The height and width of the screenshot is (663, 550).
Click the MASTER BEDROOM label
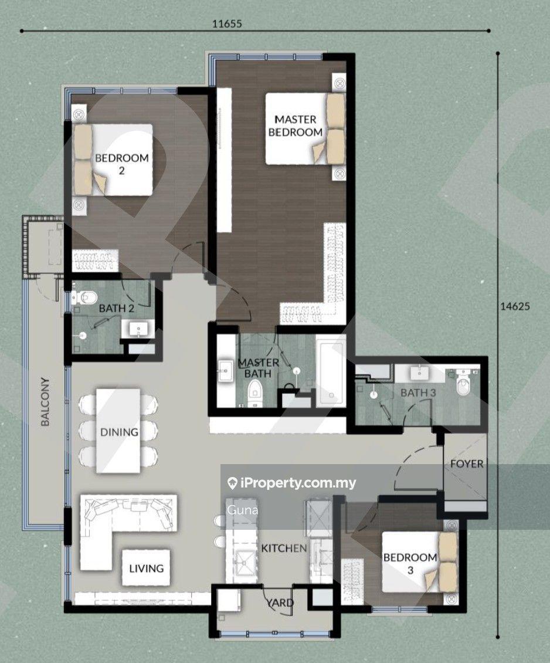[296, 126]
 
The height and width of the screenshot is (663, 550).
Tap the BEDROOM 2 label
[121, 164]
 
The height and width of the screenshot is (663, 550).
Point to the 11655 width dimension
[227, 23]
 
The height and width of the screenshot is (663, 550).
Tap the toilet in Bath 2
[87, 298]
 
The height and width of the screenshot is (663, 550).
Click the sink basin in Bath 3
[419, 372]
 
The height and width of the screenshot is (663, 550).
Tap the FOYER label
[467, 464]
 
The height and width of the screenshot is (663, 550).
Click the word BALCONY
[46, 401]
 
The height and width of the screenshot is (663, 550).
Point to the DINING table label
[119, 432]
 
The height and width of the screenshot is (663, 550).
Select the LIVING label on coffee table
[147, 569]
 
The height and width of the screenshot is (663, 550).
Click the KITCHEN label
[284, 549]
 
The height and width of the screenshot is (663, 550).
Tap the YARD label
[280, 603]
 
